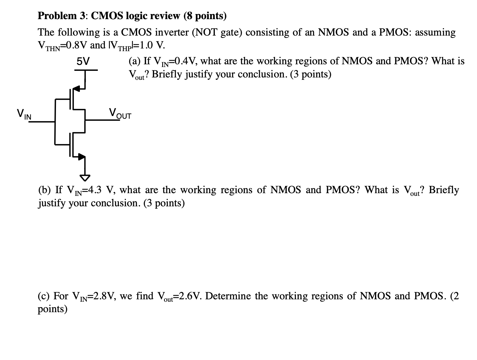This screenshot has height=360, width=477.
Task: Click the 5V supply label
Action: (x=83, y=61)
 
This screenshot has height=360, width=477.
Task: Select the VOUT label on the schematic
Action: (x=120, y=114)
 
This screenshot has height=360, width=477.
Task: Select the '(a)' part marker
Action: (x=135, y=61)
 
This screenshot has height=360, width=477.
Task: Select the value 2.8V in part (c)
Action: (x=105, y=296)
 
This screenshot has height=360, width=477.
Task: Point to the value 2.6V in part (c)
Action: (x=189, y=296)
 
